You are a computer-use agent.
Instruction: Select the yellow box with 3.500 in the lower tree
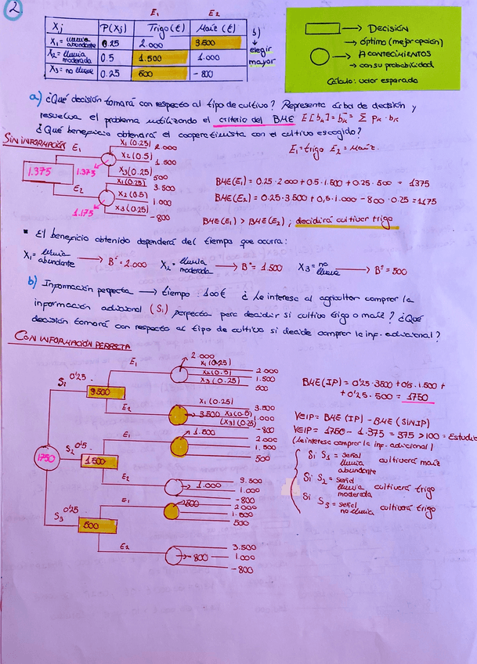[100, 391]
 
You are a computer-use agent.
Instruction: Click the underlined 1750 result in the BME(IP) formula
[417, 398]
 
